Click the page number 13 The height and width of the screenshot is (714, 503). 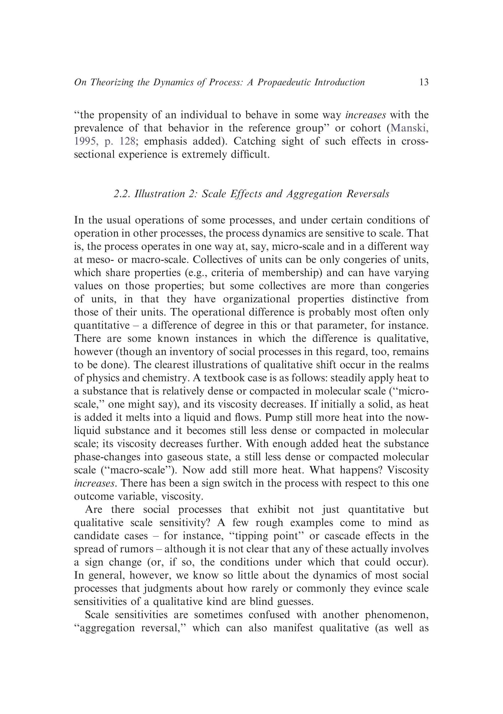pos(424,82)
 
